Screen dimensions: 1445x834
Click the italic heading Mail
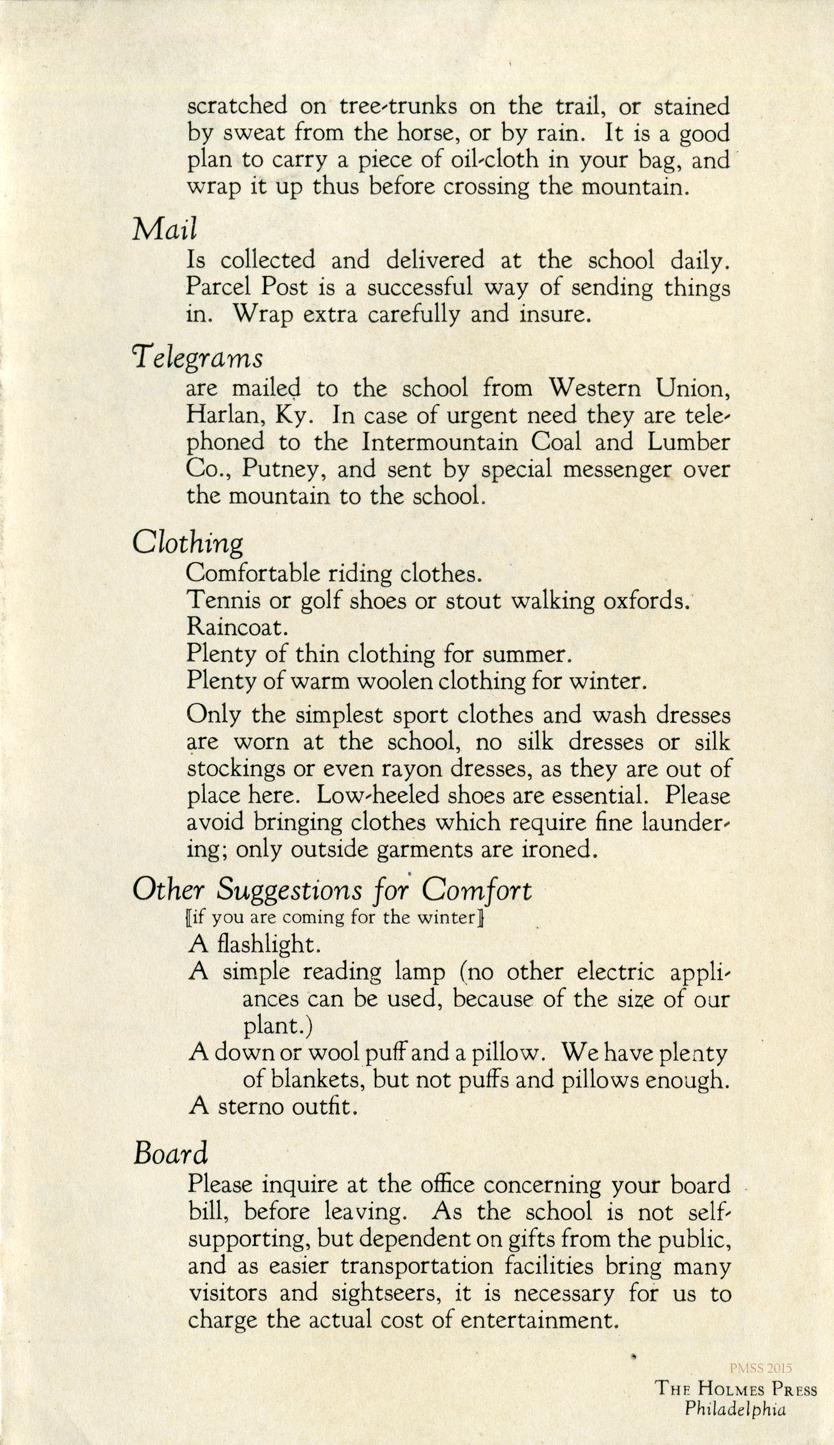(x=165, y=229)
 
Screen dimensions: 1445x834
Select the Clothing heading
(x=187, y=543)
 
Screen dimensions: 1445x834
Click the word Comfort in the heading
(x=476, y=889)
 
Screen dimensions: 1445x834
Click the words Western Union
(x=639, y=388)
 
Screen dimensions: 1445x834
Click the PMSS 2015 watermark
(x=761, y=1367)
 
